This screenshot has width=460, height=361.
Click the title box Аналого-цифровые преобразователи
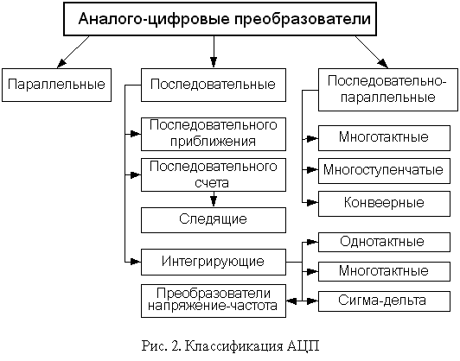[x=220, y=19]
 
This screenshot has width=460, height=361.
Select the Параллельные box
[x=56, y=85]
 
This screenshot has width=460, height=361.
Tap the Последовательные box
[x=214, y=85]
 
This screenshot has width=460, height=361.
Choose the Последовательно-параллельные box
[x=388, y=90]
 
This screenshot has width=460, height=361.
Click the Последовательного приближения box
[x=214, y=134]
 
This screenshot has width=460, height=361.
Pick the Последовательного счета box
[x=214, y=175]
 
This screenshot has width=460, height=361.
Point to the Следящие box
[x=214, y=220]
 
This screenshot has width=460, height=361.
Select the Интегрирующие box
[x=214, y=262]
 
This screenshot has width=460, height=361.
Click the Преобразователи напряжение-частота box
[x=214, y=301]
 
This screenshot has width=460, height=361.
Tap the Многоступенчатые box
[x=384, y=171]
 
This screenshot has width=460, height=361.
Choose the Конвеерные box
[x=384, y=204]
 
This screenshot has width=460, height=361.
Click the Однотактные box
[x=384, y=243]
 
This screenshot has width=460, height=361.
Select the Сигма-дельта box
[x=384, y=301]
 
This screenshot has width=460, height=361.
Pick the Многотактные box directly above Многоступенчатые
[x=384, y=138]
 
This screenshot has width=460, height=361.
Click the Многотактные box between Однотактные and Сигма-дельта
[x=384, y=272]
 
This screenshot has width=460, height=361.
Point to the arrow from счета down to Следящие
[x=214, y=199]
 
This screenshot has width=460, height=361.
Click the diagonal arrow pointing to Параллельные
[x=73, y=52]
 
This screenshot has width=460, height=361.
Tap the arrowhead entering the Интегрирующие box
[x=135, y=262]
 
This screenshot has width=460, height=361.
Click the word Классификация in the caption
[x=235, y=346]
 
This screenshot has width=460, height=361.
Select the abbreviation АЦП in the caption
[x=303, y=346]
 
